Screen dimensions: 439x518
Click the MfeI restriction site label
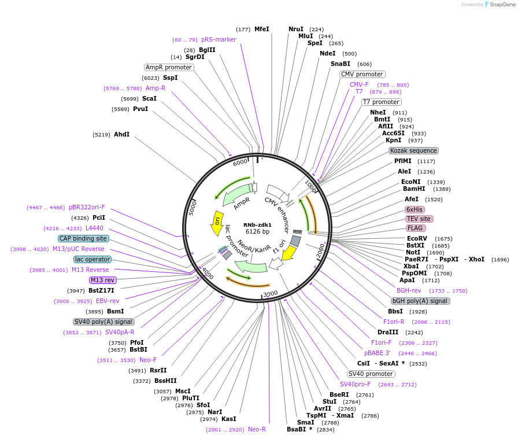(261, 29)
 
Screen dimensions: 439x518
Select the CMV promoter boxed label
(362, 74)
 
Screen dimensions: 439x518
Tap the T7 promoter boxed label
(381, 102)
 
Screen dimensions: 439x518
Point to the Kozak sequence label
(414, 150)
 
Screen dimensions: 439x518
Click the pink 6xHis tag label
(415, 209)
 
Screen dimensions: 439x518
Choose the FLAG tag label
(415, 228)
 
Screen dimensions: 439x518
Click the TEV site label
(419, 219)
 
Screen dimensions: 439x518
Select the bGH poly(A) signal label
(420, 301)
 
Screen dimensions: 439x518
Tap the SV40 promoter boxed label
(371, 374)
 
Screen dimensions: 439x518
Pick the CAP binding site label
(83, 238)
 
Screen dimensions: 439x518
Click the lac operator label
(92, 259)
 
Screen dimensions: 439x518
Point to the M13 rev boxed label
(102, 280)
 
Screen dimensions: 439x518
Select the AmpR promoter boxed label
(169, 67)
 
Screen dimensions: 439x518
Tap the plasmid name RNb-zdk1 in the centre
(257, 224)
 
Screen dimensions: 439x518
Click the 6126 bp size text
(257, 231)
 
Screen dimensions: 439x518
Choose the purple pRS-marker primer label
(219, 40)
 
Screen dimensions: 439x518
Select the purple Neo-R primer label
(257, 429)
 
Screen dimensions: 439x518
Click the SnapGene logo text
(500, 5)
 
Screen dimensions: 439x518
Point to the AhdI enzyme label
(121, 134)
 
